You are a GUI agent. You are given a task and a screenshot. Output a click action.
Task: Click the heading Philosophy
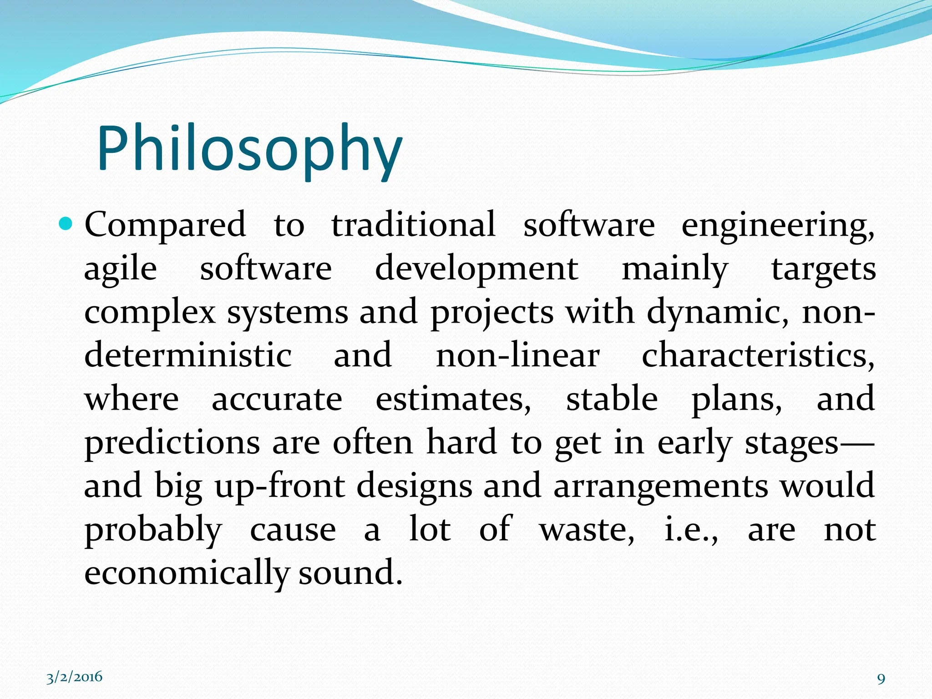click(249, 150)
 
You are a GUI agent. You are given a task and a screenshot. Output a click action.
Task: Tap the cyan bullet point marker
click(66, 223)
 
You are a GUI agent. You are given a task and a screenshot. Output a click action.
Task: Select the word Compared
click(165, 225)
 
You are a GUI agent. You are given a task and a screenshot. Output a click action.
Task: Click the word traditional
click(413, 225)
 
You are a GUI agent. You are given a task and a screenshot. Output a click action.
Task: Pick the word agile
click(121, 269)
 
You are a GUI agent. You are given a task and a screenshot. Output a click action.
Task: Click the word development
click(476, 269)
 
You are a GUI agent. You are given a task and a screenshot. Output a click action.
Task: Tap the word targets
click(823, 269)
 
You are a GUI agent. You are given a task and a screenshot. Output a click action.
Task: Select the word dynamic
click(718, 313)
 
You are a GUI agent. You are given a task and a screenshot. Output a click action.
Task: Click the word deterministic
click(188, 355)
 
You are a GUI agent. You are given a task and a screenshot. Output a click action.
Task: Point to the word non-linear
click(518, 355)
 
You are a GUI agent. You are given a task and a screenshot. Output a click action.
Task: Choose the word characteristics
click(758, 355)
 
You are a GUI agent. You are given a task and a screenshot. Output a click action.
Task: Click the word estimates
click(453, 399)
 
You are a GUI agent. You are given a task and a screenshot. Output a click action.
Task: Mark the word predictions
click(172, 443)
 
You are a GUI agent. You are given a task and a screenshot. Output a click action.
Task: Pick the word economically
click(187, 572)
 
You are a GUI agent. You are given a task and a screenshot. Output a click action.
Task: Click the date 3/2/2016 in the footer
click(75, 677)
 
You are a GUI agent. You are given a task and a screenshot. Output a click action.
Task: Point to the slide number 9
click(881, 679)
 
